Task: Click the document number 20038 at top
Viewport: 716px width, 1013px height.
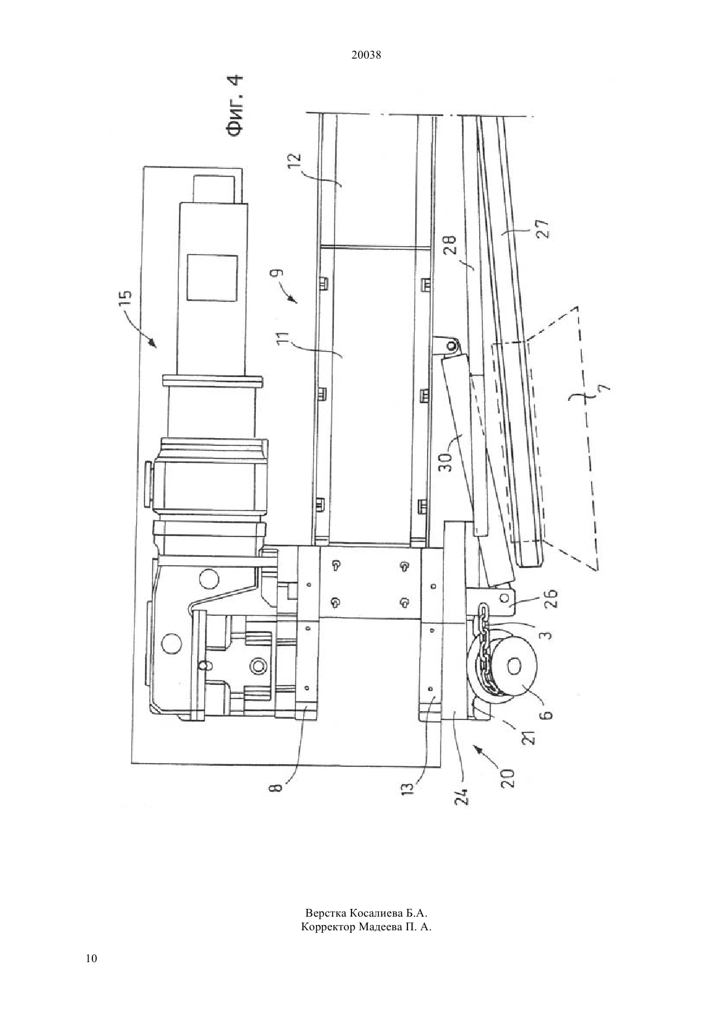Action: coord(366,55)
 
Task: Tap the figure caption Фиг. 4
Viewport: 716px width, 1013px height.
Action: coord(234,105)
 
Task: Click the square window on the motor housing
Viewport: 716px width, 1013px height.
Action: coord(212,277)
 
